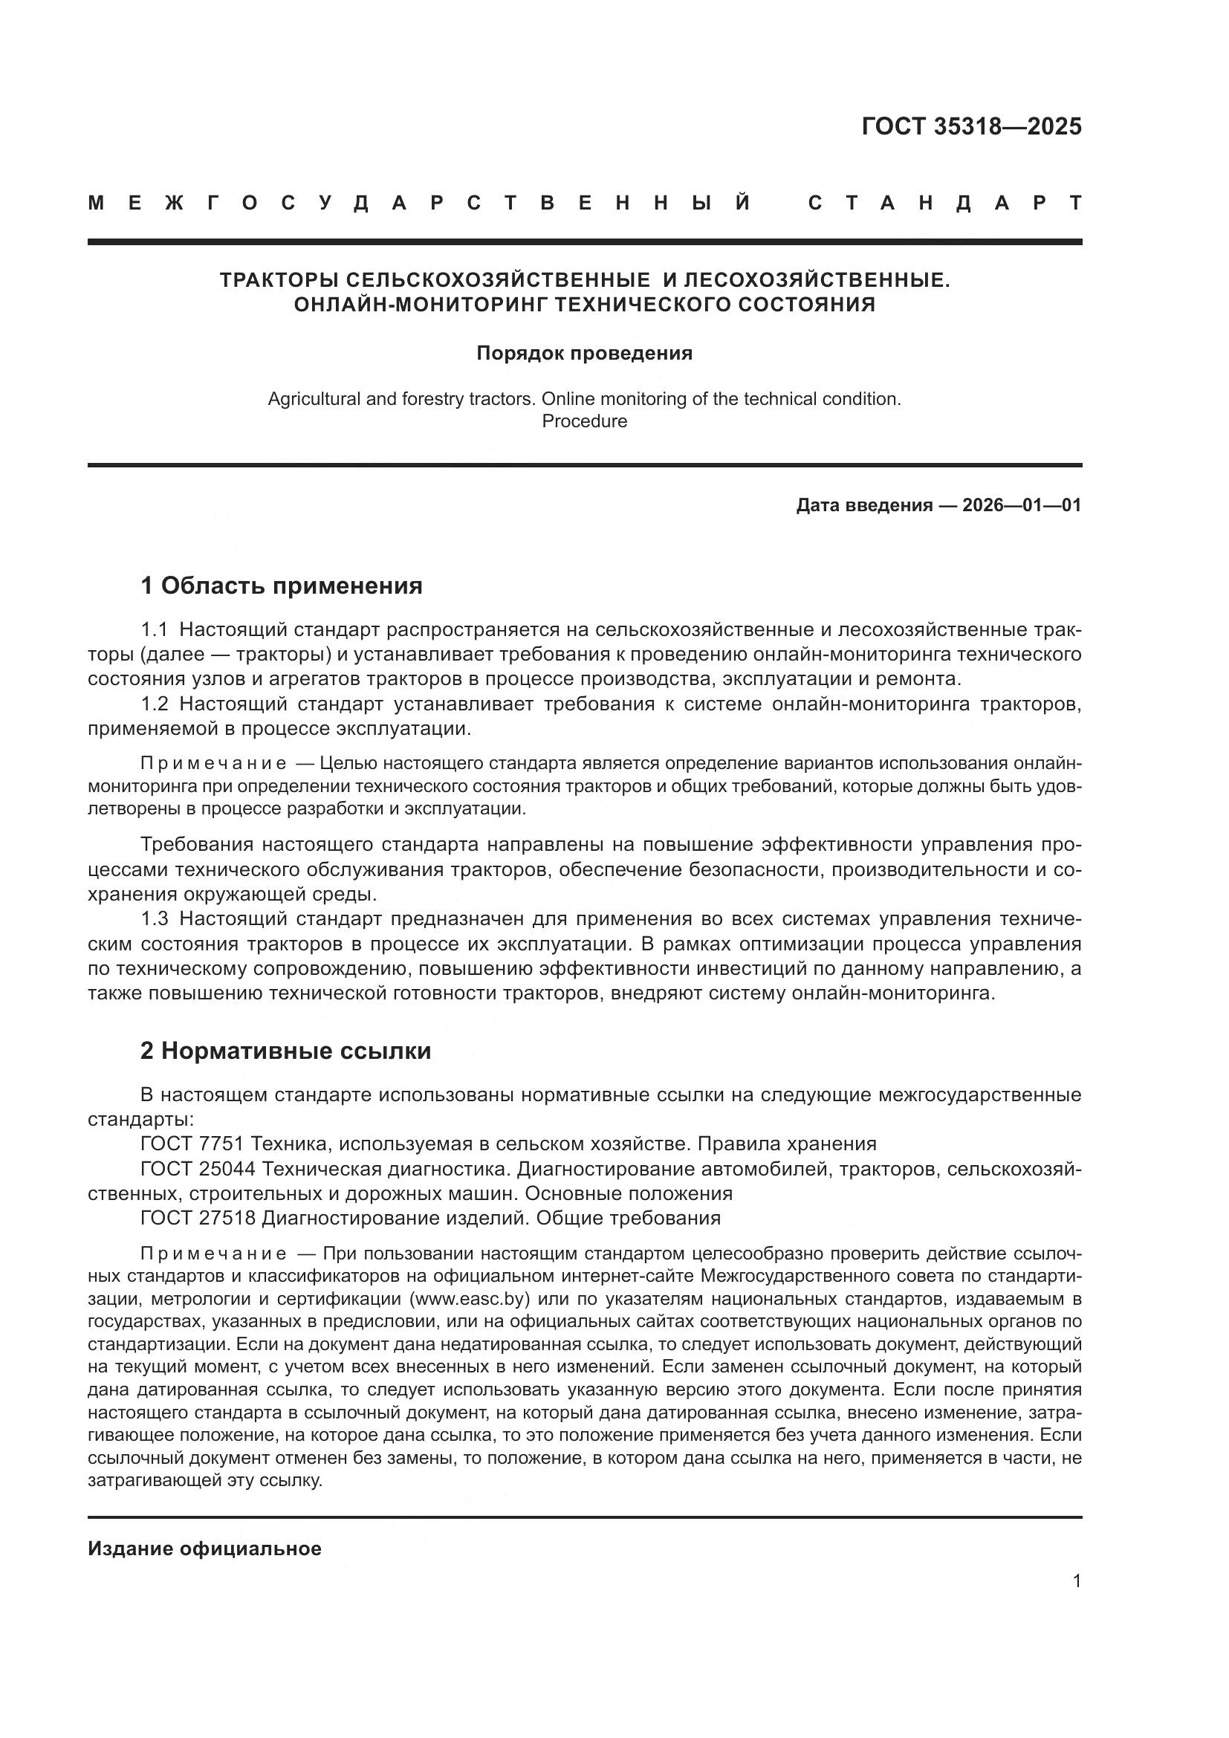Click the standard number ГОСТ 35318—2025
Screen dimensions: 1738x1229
(971, 126)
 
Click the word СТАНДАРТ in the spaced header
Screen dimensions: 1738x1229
(944, 203)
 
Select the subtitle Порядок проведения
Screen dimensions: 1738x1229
(584, 353)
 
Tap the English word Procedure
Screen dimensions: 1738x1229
(584, 421)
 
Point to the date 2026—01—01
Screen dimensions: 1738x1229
(1022, 505)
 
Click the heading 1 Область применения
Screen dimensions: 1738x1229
(281, 585)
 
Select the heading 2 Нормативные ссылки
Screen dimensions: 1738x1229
(285, 1051)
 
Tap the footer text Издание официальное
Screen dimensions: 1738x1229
(204, 1549)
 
